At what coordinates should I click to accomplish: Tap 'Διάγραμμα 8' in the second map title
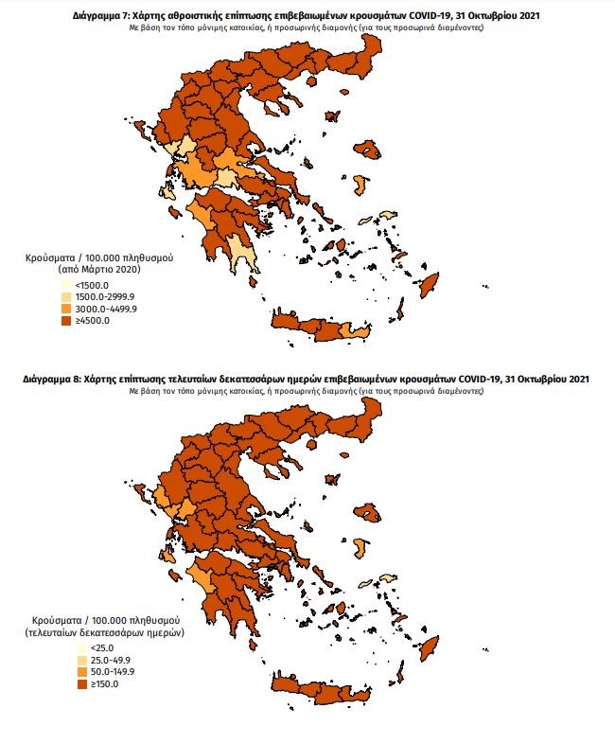click(x=53, y=379)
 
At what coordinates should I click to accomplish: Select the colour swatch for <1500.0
click(x=64, y=284)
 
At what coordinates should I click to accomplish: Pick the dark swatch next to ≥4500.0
click(x=64, y=321)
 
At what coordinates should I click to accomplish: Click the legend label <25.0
click(x=96, y=647)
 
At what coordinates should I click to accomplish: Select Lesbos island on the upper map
click(x=366, y=151)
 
